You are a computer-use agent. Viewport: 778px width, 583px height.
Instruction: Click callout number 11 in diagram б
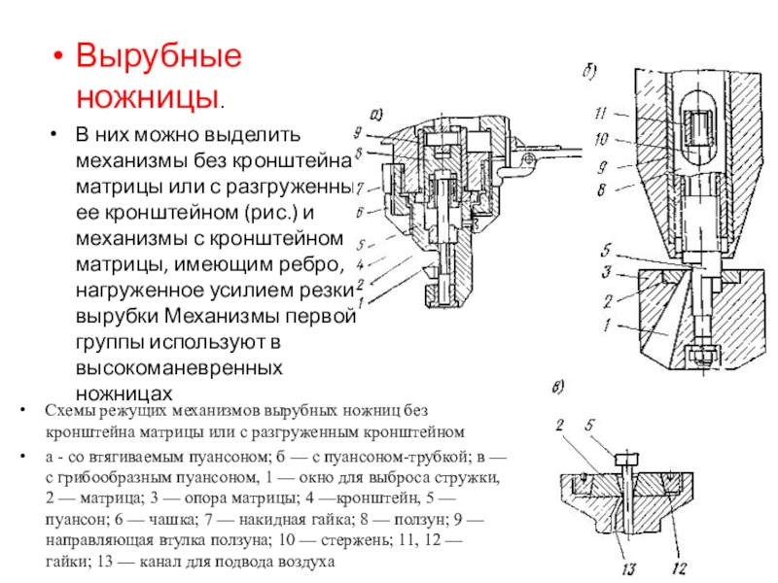[602, 112]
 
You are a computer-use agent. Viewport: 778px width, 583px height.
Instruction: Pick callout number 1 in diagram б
[603, 326]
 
